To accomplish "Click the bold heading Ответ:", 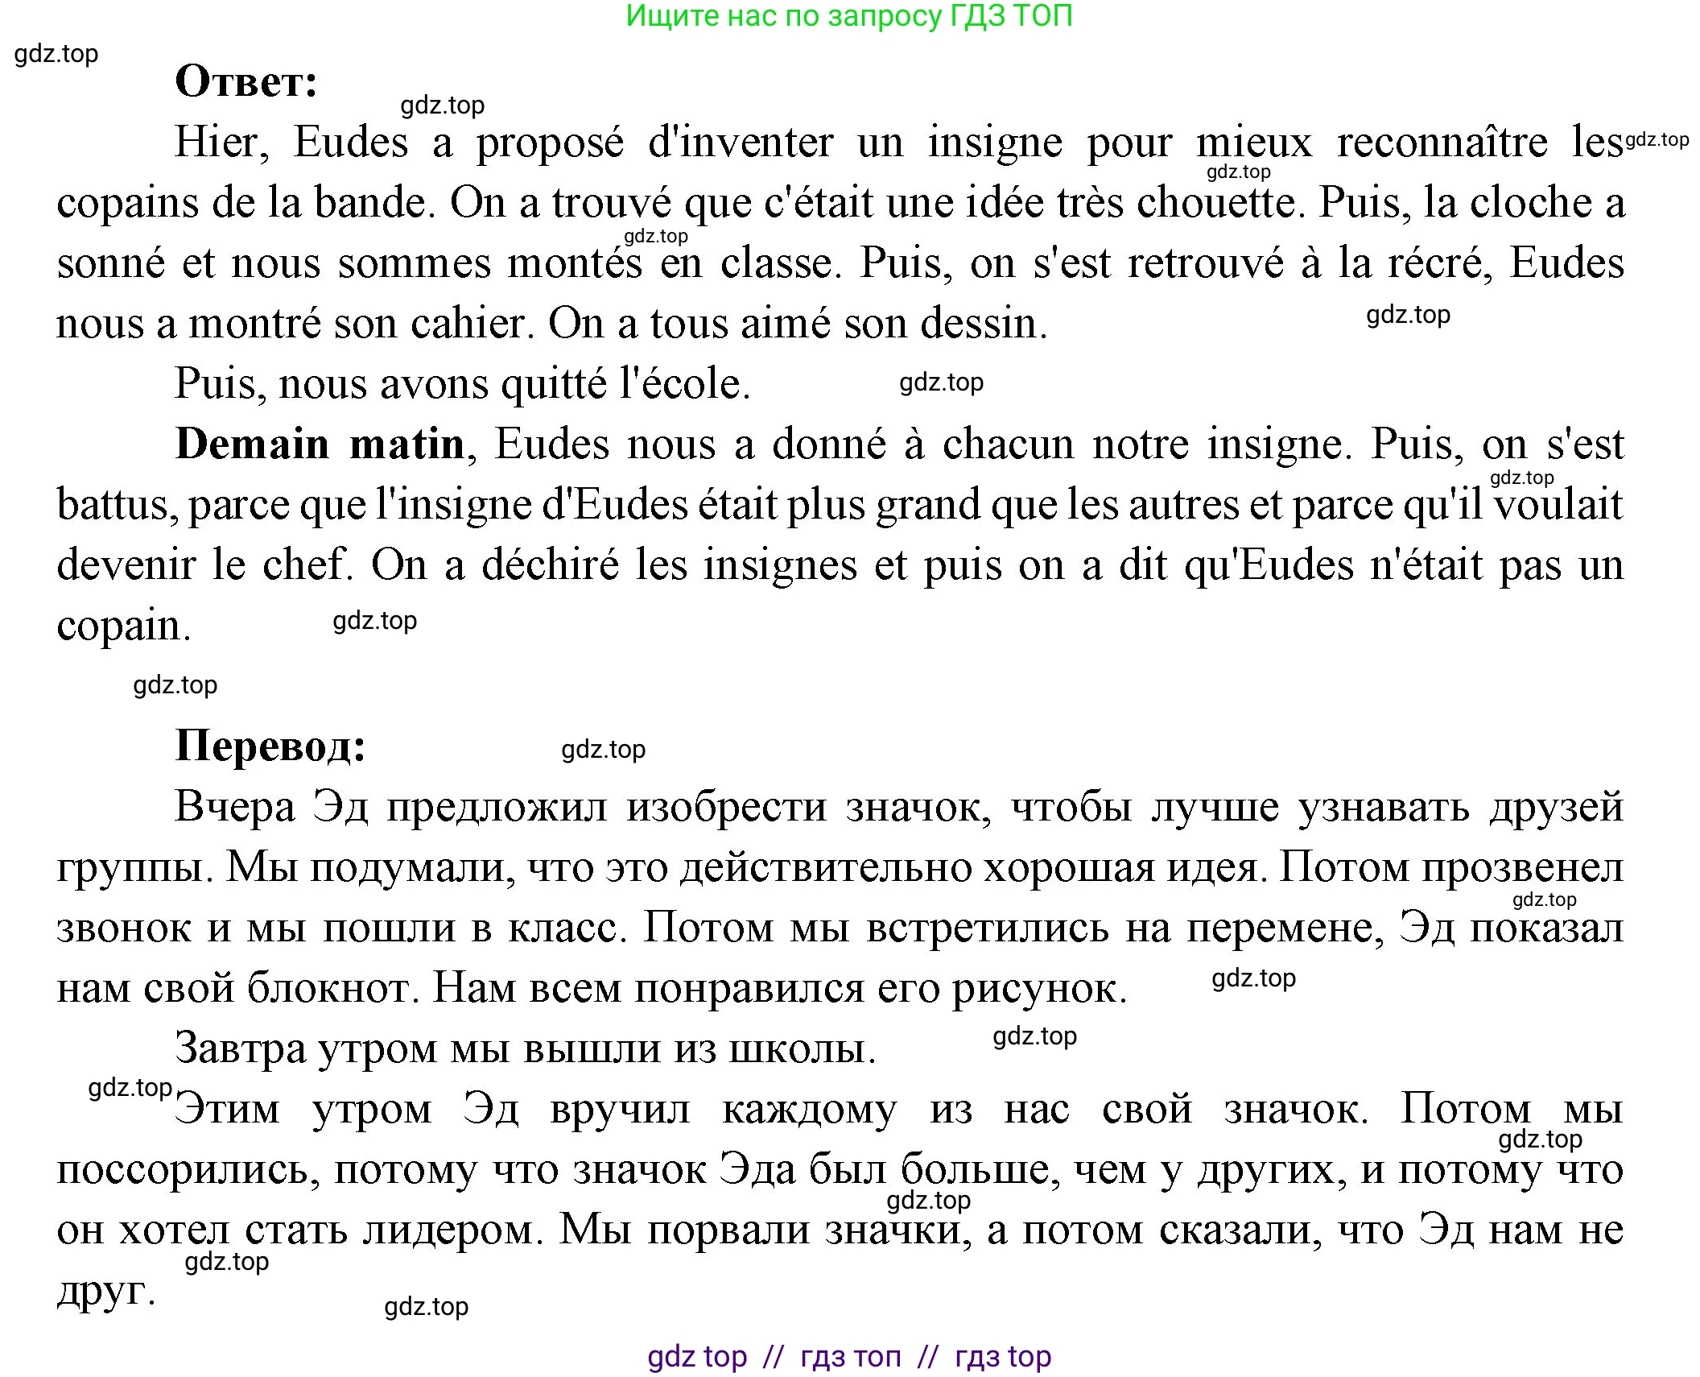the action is [x=246, y=81].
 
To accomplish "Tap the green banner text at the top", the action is [x=849, y=16].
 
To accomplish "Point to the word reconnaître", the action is [x=1442, y=143].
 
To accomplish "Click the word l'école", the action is [x=685, y=384].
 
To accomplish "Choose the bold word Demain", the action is [x=252, y=444].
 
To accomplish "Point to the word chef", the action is [x=308, y=564].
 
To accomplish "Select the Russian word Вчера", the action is [x=235, y=807].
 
